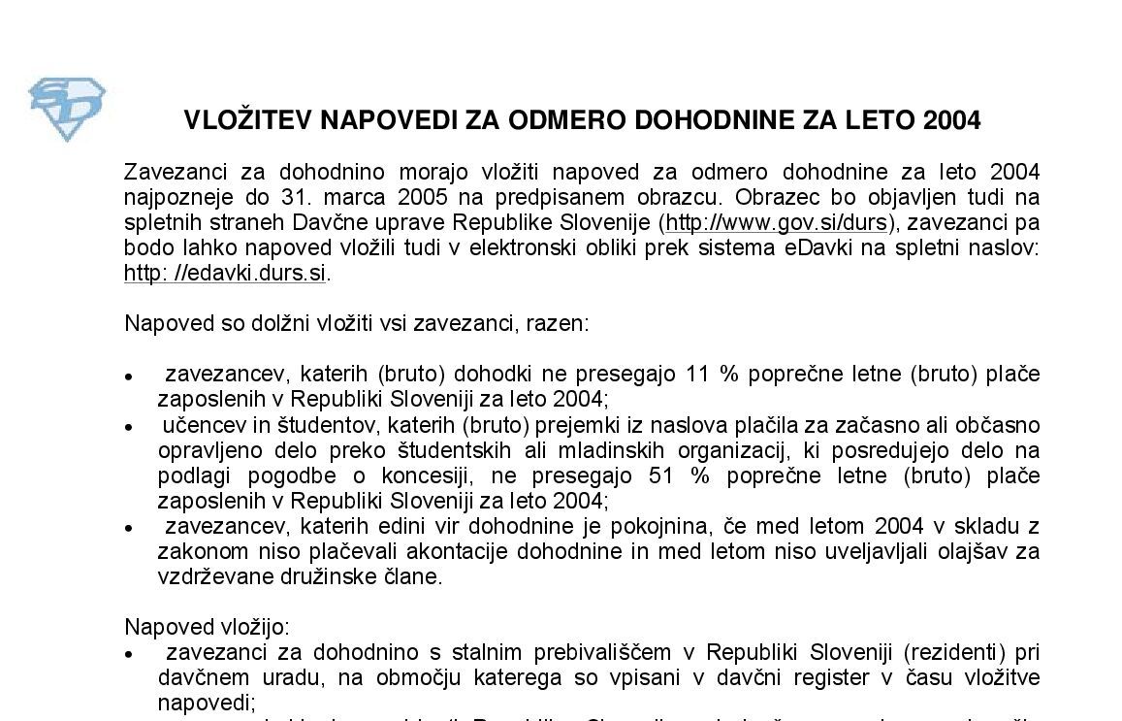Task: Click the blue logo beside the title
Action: coord(66,109)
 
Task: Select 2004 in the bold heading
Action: coord(952,120)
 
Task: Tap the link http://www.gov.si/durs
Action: coord(776,223)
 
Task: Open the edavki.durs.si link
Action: coord(225,273)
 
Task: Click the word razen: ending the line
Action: coord(557,322)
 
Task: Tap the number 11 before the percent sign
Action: coord(698,374)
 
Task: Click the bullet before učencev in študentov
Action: coord(130,427)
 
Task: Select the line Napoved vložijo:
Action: coord(208,626)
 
